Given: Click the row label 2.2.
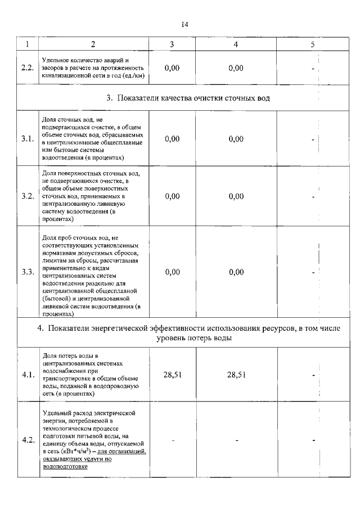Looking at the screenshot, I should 27,68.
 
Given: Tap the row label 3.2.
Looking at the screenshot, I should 27,196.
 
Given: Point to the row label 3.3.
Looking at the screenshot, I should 27,272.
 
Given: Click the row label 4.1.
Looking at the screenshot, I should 27,374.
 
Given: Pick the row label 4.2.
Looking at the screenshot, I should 27,440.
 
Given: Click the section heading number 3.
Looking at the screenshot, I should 109,98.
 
